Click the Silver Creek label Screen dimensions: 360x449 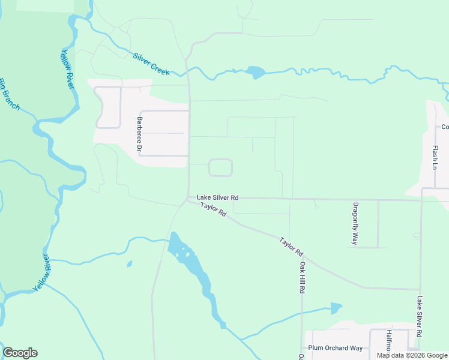pyautogui.click(x=152, y=61)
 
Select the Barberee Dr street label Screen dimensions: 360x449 pyautogui.click(x=139, y=133)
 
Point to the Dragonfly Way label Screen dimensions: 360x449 pyautogui.click(x=355, y=223)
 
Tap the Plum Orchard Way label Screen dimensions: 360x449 pyautogui.click(x=335, y=348)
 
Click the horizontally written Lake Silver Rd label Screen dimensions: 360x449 pyautogui.click(x=217, y=197)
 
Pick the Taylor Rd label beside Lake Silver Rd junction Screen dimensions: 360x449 pyautogui.click(x=213, y=209)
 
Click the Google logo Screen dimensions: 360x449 pyautogui.click(x=20, y=353)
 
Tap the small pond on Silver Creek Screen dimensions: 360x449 pyautogui.click(x=255, y=73)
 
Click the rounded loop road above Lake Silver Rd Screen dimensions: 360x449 pyautogui.click(x=220, y=168)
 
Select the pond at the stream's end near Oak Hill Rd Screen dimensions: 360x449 pyautogui.click(x=336, y=308)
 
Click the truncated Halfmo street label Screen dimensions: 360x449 pyautogui.click(x=389, y=340)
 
